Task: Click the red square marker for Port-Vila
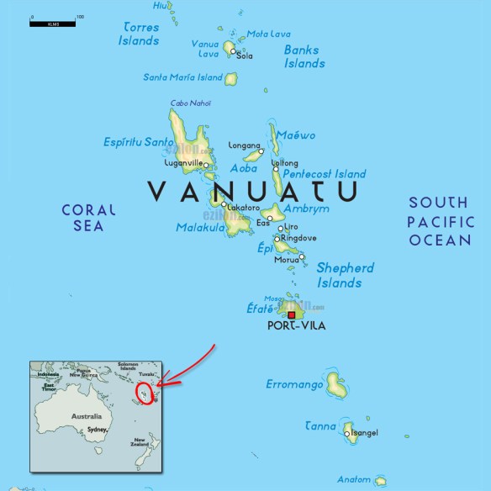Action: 292,315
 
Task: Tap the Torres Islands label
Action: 139,34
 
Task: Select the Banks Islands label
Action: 304,56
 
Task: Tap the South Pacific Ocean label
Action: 440,221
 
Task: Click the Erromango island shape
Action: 336,386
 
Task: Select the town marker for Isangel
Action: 347,434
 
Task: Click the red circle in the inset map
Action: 145,393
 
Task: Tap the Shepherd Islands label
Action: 345,276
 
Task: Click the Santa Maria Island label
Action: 182,77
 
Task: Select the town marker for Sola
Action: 235,50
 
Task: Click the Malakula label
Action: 198,227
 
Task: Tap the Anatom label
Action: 353,478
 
